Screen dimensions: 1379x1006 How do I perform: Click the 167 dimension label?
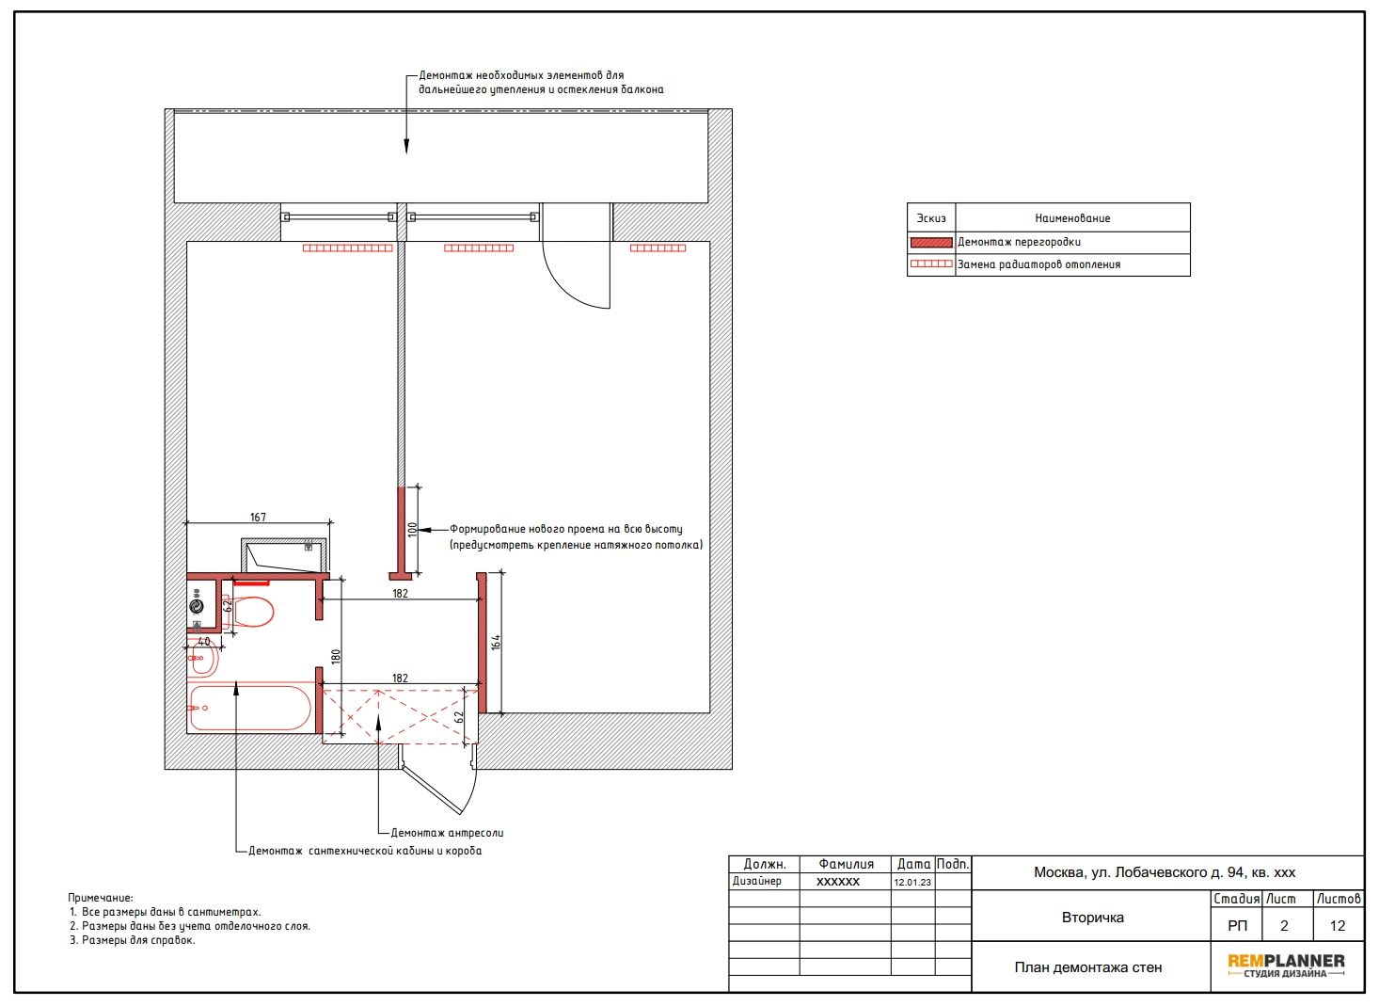(x=258, y=518)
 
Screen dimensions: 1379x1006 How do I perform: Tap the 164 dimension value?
(x=496, y=643)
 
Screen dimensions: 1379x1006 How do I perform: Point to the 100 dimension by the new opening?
(x=412, y=530)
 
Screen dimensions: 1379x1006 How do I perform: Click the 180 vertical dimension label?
(x=336, y=657)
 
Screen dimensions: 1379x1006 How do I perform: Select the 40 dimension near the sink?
(x=204, y=641)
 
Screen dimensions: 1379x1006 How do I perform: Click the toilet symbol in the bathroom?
(x=248, y=611)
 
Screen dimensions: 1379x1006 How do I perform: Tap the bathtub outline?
(x=250, y=708)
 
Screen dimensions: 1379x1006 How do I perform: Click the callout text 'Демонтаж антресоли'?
(x=447, y=833)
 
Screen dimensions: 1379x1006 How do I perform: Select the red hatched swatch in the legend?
(x=931, y=243)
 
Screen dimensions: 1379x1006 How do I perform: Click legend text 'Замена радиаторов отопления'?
(x=1038, y=264)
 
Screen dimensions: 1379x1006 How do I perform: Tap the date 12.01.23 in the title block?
(x=912, y=882)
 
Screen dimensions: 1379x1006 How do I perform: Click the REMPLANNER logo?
(x=1286, y=966)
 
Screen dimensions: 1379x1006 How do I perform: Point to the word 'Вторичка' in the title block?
(x=1093, y=918)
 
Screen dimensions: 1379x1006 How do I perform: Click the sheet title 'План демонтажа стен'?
(x=1087, y=967)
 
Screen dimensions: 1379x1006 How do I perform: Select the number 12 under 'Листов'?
(x=1337, y=925)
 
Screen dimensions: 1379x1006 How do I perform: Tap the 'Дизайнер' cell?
(x=756, y=881)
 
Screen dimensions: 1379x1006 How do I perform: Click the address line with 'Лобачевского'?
(x=1165, y=872)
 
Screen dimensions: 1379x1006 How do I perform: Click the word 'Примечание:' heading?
(x=101, y=898)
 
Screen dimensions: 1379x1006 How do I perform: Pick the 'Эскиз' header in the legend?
(x=931, y=218)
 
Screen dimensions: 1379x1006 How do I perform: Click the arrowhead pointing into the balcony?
(x=406, y=147)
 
